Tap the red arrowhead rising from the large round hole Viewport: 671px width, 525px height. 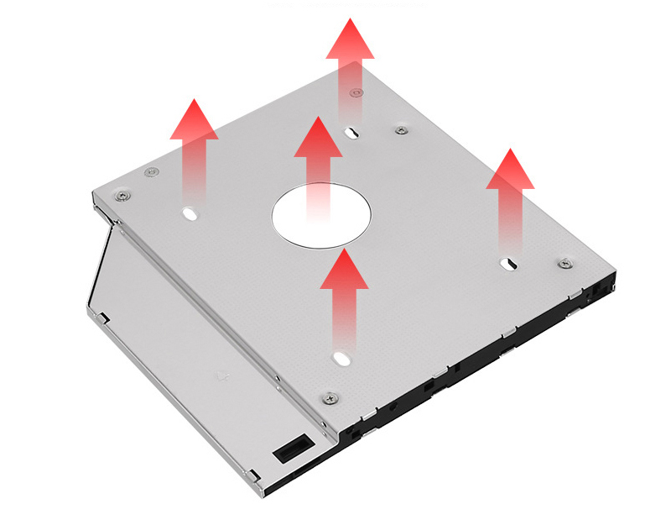tap(318, 138)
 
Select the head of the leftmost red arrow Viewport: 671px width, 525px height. tap(194, 120)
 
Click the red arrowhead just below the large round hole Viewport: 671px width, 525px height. tap(344, 269)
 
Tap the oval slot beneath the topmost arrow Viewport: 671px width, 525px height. tap(352, 133)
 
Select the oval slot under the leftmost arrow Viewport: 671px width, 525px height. tap(190, 213)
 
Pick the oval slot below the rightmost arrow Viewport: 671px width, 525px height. tap(507, 265)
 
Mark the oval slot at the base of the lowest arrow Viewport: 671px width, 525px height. tap(341, 359)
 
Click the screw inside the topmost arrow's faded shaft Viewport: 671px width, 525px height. tap(356, 93)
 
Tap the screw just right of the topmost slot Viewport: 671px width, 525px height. tap(402, 130)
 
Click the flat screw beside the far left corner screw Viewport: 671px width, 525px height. tap(151, 173)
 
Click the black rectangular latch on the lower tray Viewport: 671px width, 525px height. tap(287, 450)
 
